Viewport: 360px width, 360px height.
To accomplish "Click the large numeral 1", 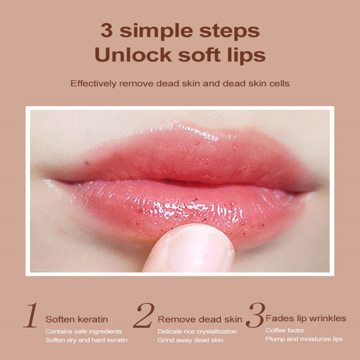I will pyautogui.click(x=30, y=316).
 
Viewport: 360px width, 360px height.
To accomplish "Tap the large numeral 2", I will pyautogui.click(x=144, y=316).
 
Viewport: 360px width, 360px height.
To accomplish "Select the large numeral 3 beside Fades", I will pyautogui.click(x=255, y=316).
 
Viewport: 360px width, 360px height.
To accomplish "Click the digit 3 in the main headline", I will pyautogui.click(x=107, y=32).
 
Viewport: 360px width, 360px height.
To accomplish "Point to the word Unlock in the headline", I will pyautogui.click(x=130, y=55).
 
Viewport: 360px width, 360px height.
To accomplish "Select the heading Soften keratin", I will pyautogui.click(x=76, y=319).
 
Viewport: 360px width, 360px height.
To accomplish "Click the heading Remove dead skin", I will pyautogui.click(x=200, y=319).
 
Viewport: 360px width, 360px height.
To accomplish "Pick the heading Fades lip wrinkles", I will pyautogui.click(x=306, y=319).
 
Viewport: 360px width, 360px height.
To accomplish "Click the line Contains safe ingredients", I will pyautogui.click(x=83, y=332).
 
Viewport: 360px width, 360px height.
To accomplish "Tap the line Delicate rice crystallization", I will pyautogui.click(x=197, y=332).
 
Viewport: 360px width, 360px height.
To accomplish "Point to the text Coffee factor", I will pyautogui.click(x=285, y=330).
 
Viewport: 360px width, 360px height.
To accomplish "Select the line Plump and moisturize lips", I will pyautogui.click(x=304, y=339).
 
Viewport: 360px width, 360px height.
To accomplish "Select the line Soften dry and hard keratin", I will pyautogui.click(x=86, y=340).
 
